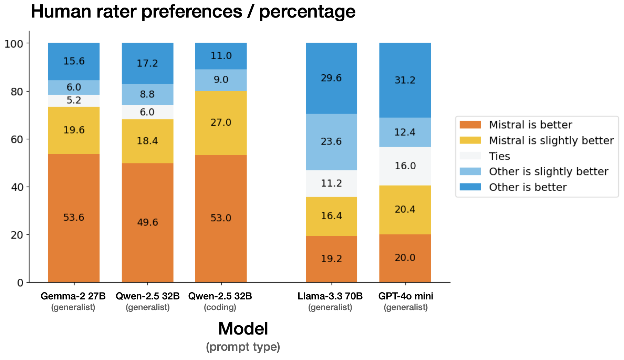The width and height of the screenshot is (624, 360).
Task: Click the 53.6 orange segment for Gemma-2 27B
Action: tap(74, 218)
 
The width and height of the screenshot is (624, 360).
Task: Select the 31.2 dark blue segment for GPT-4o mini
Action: tap(405, 80)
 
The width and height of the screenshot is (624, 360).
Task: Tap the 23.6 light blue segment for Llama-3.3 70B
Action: tap(331, 141)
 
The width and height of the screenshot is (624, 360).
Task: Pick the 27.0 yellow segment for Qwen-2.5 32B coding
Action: tap(221, 123)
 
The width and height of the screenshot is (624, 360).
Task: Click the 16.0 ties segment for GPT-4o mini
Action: tap(405, 166)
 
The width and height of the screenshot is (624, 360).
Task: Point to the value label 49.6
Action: tap(147, 222)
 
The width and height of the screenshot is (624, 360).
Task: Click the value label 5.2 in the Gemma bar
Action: tap(74, 100)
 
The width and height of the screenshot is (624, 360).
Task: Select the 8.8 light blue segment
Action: tap(147, 94)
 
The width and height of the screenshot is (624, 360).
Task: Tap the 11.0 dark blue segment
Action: tap(221, 56)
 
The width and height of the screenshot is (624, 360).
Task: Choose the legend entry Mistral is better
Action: tap(530, 125)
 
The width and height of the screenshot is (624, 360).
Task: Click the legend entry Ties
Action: tap(499, 156)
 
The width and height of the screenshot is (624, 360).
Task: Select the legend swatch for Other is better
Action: tap(470, 187)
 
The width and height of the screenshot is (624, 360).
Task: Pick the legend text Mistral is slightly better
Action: tap(551, 140)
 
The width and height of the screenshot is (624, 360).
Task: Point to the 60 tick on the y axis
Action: tap(19, 139)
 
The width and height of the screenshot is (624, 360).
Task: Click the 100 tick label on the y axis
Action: tap(14, 44)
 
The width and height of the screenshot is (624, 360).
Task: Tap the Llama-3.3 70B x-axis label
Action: tap(330, 296)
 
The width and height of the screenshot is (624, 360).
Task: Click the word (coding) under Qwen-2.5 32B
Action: tap(220, 307)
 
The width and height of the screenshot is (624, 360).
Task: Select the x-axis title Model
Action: tap(243, 329)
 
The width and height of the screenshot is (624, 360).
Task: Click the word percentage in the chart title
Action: tap(307, 11)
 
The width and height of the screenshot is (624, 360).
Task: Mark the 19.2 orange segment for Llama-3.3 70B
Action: tap(331, 259)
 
